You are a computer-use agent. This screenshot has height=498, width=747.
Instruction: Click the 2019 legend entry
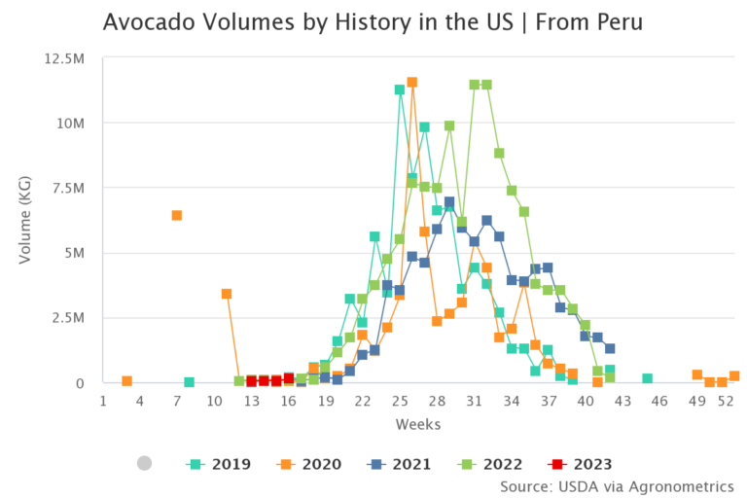tap(219, 464)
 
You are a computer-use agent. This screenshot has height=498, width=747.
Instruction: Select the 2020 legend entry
tap(309, 464)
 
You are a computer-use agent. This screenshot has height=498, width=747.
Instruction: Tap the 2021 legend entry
tap(400, 464)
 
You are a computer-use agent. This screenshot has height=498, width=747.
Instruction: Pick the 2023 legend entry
tap(581, 464)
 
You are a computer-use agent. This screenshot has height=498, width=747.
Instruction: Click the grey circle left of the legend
tap(145, 464)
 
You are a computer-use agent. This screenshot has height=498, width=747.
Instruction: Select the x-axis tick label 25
tap(400, 401)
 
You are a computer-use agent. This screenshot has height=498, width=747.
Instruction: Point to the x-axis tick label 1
tap(103, 401)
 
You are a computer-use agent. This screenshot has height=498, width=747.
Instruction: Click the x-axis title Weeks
tap(417, 424)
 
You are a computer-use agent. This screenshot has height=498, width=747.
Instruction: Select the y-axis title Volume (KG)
tap(26, 221)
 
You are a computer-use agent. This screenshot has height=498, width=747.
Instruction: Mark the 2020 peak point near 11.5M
tap(411, 83)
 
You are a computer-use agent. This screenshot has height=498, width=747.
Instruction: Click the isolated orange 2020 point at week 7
tap(177, 215)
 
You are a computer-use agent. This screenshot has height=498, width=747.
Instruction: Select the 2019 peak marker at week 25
tap(400, 89)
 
